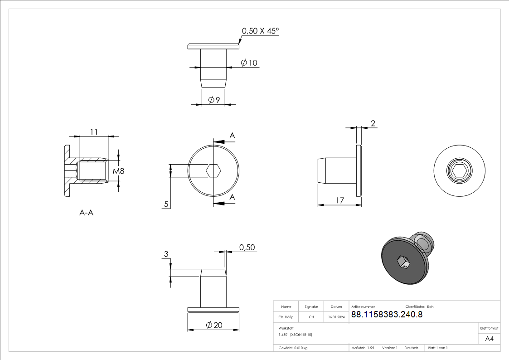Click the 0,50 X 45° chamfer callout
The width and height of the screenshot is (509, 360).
[x=260, y=31]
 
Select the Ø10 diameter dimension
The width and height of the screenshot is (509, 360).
[x=249, y=63]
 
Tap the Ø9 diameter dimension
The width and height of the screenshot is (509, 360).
[x=214, y=100]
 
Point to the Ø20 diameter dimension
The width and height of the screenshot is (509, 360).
[x=214, y=325]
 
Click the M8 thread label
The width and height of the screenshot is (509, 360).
[x=118, y=171]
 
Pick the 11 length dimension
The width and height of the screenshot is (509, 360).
[x=94, y=132]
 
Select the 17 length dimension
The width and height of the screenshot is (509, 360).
[x=339, y=200]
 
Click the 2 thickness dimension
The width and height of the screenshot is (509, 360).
[x=373, y=123]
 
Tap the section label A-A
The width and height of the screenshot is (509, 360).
[x=87, y=213]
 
